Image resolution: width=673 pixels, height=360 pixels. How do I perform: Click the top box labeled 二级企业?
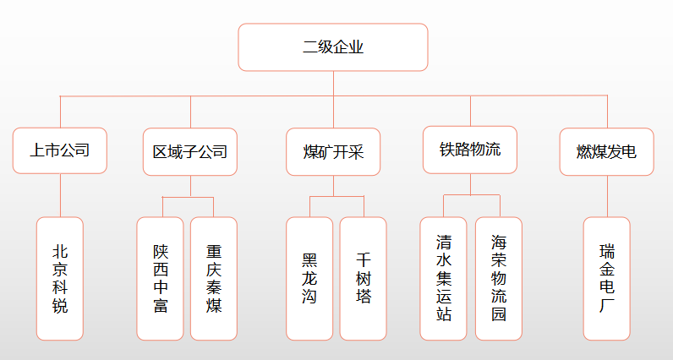[332, 47]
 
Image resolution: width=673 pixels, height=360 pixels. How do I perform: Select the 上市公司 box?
[60, 151]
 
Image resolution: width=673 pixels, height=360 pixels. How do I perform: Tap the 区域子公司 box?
[190, 152]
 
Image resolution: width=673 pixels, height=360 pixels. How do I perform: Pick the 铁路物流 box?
[469, 150]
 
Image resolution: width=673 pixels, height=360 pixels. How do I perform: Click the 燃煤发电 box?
[606, 152]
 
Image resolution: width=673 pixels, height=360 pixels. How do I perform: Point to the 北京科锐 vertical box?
[60, 278]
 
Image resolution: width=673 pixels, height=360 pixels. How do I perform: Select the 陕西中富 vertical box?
[161, 278]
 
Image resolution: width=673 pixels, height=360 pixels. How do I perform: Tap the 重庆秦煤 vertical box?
[214, 278]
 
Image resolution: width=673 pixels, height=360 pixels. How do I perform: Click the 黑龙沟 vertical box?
[309, 278]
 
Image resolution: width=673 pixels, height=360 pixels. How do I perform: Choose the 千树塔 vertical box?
[364, 278]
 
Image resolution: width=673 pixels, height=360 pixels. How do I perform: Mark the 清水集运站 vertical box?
[444, 278]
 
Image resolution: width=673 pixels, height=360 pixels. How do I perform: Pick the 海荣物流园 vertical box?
[499, 278]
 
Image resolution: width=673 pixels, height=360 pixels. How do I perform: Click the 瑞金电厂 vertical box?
[607, 278]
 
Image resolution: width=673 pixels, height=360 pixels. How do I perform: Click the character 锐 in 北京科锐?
[60, 306]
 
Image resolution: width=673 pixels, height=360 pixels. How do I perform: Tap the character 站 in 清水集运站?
[444, 314]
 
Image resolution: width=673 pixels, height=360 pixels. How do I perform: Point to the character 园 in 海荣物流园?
[499, 314]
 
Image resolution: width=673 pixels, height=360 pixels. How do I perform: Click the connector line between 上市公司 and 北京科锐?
[60, 195]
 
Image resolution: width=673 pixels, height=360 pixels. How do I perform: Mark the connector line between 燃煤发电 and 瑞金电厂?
[607, 196]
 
